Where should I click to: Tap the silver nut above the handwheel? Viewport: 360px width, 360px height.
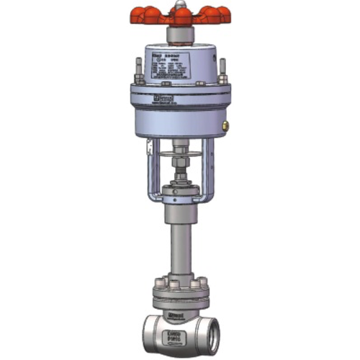pyautogui.click(x=179, y=6)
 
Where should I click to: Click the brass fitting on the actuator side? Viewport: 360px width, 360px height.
pyautogui.click(x=225, y=125)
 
